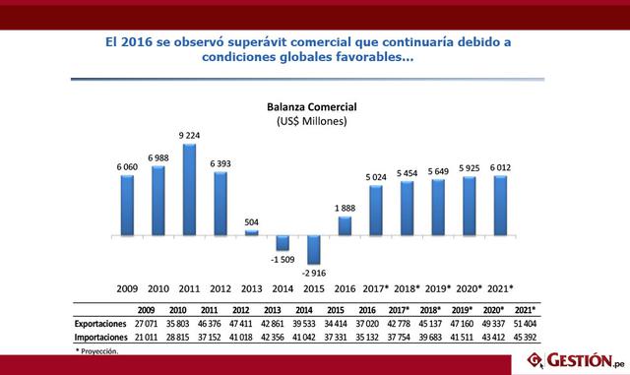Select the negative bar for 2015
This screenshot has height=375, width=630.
314,249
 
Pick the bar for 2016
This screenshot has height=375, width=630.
346,225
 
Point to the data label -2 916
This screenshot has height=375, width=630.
314,273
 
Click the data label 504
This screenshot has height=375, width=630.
251,220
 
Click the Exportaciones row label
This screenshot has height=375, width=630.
102,323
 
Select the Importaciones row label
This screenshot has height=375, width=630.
102,336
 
